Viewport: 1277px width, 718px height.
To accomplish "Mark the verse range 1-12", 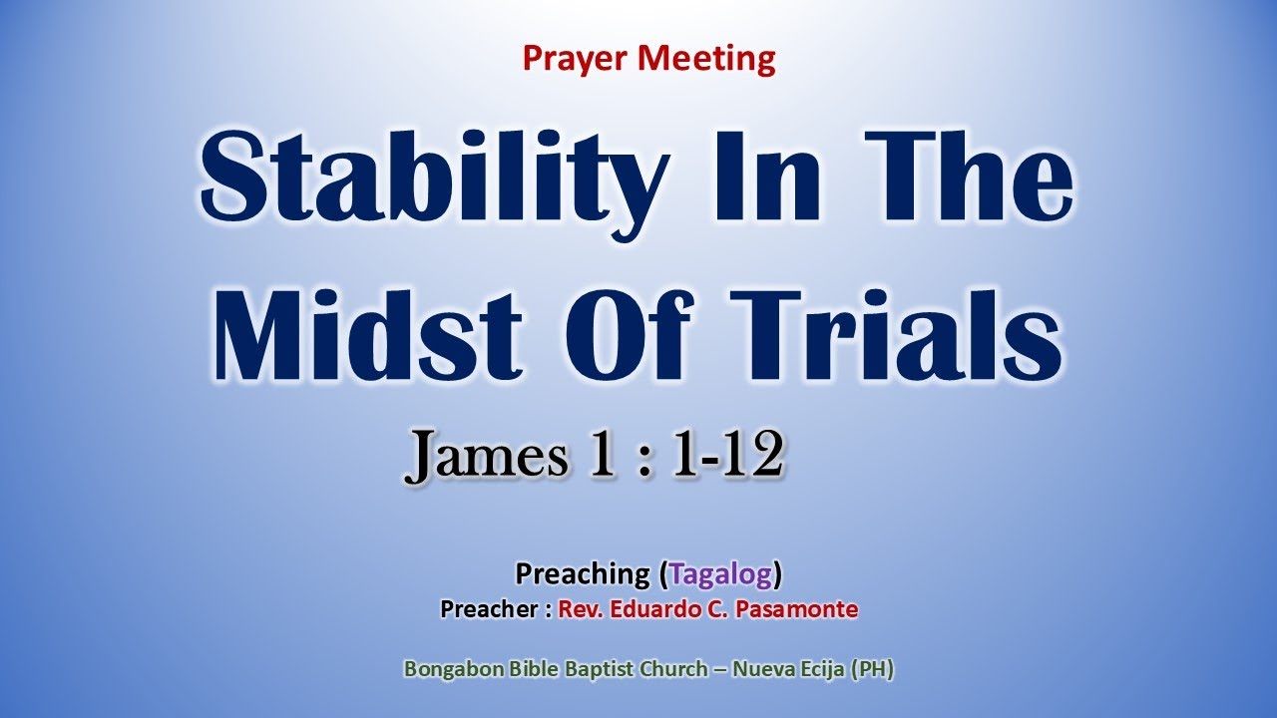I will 725,458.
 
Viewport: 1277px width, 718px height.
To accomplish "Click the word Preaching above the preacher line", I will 582,573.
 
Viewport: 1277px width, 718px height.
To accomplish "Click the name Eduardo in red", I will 650,609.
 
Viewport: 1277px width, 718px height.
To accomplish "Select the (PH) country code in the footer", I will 871,670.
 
